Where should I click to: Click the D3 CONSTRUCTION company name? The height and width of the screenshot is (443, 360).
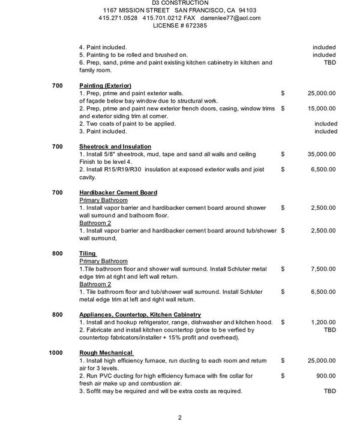(x=179, y=3)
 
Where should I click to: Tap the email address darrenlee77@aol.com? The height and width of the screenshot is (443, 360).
(x=230, y=19)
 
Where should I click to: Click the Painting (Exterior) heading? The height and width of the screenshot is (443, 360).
(x=105, y=86)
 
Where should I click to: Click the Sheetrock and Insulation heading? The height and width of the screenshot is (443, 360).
(x=115, y=146)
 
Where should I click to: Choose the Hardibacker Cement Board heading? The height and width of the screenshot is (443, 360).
(x=118, y=192)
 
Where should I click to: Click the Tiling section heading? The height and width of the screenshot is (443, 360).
(x=88, y=254)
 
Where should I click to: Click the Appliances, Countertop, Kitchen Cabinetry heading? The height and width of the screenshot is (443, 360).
(x=140, y=315)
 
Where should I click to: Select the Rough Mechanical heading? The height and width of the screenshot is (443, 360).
(x=106, y=352)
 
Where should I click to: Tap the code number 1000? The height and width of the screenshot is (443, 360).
(x=56, y=352)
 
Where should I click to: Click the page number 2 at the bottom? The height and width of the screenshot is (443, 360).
(x=179, y=418)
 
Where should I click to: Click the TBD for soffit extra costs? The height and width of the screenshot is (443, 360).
(x=330, y=391)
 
